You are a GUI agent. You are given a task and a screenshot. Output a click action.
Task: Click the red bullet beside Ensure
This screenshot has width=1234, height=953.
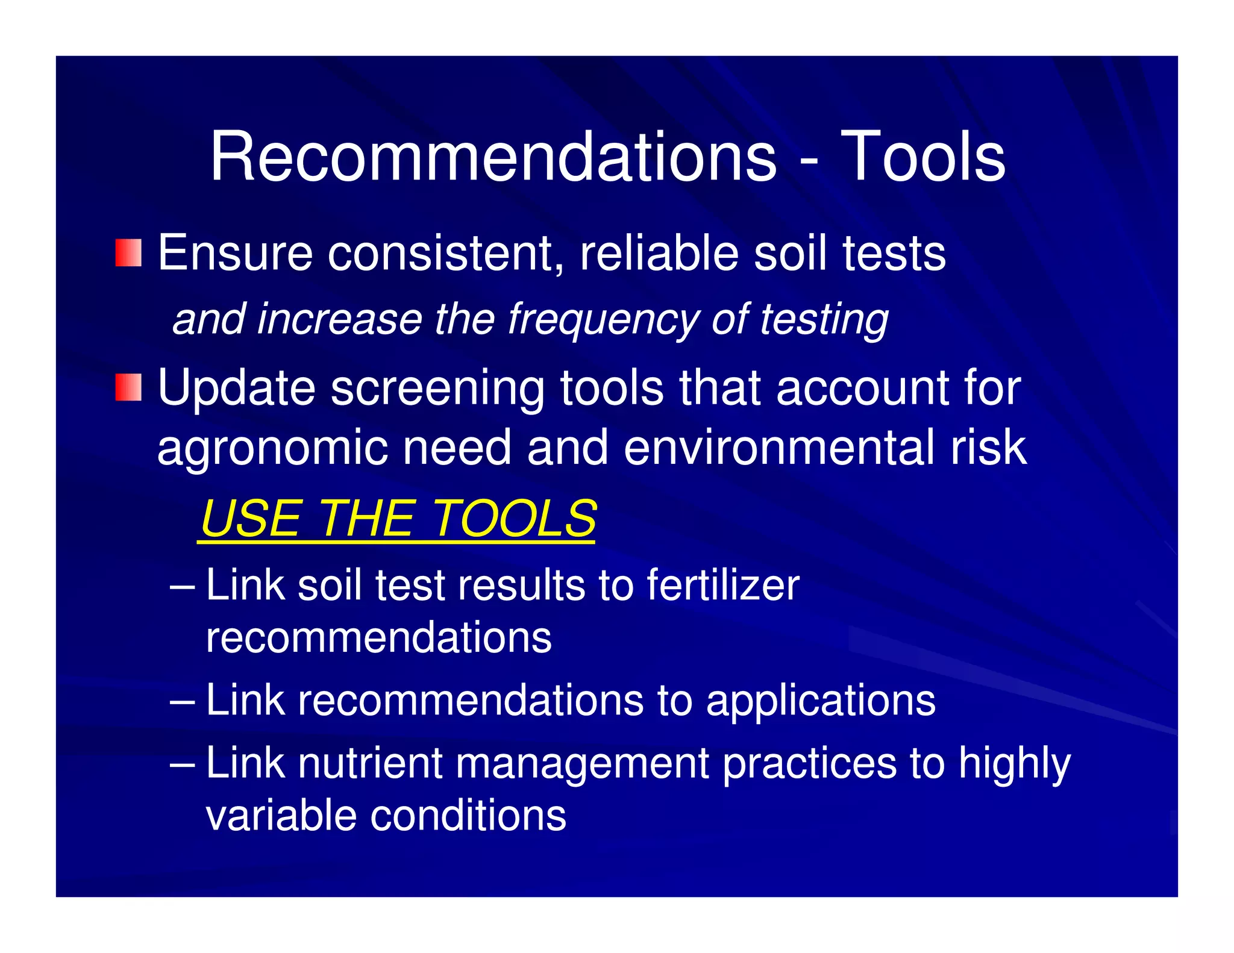129,253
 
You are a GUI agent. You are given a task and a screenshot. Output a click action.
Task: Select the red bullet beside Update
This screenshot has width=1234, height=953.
129,387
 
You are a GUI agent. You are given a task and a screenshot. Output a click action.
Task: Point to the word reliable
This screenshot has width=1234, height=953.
659,253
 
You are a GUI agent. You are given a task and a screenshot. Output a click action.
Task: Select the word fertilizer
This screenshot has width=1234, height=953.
723,585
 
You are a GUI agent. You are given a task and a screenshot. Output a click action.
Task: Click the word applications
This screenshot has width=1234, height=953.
821,701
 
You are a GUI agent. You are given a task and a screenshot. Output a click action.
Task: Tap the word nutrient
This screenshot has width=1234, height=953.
370,763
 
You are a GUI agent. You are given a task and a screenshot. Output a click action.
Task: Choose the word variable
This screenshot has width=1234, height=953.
281,816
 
